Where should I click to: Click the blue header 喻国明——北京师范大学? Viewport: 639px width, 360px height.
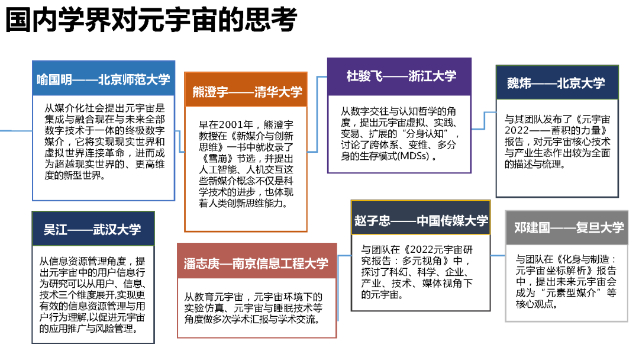104,79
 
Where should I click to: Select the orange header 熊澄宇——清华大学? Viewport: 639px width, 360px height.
246,91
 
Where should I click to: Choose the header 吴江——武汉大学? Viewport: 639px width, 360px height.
92,229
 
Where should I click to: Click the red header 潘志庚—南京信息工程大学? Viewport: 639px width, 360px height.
256,263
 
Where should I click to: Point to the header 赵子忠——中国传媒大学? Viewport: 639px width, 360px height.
421,221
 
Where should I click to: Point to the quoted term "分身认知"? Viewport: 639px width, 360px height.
430,134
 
